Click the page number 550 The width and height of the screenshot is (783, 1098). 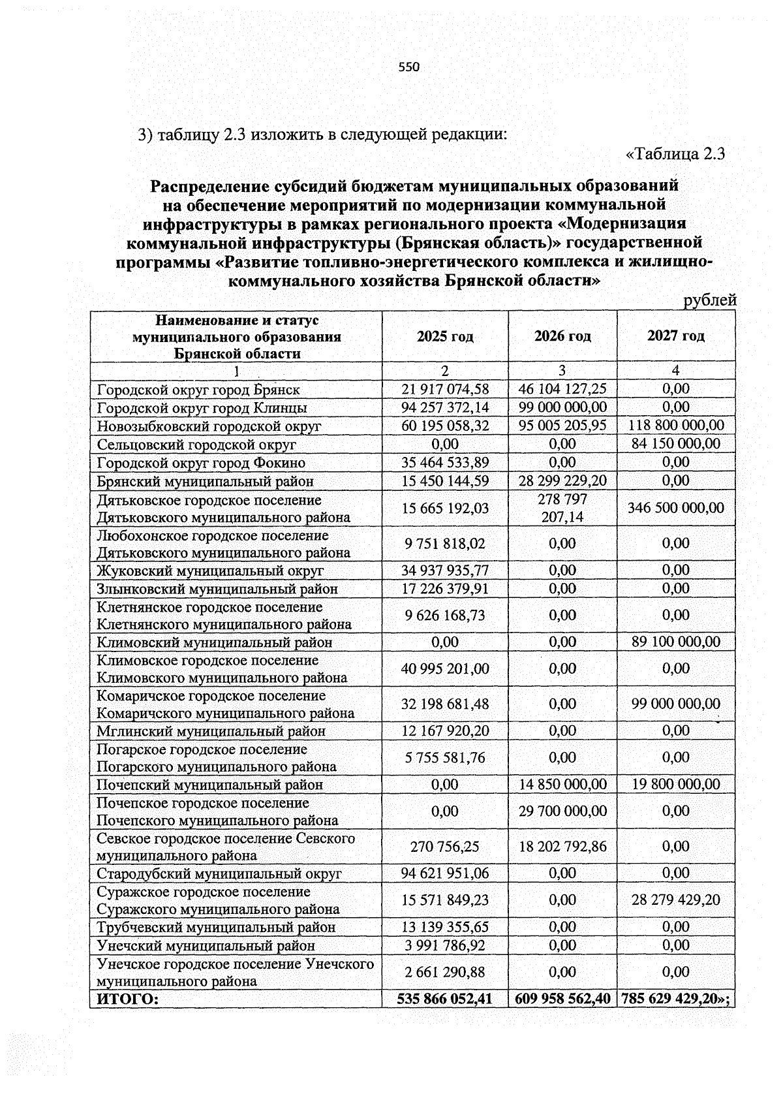[x=408, y=67]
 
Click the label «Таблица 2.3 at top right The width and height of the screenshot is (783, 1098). [x=676, y=155]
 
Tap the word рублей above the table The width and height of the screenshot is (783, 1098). [x=709, y=300]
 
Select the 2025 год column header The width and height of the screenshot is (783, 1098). [x=445, y=336]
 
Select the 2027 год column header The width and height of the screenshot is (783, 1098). [x=676, y=336]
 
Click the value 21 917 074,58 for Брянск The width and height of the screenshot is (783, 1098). [x=445, y=390]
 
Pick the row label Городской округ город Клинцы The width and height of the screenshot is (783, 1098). [x=202, y=408]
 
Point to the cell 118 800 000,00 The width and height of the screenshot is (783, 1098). [x=676, y=426]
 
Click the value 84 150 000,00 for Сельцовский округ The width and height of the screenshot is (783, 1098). [x=676, y=444]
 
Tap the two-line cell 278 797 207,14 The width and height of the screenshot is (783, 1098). [x=562, y=509]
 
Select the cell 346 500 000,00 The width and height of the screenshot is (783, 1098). [x=676, y=508]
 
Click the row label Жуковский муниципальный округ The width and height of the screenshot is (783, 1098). [x=210, y=571]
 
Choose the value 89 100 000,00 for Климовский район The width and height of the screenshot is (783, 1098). [x=676, y=642]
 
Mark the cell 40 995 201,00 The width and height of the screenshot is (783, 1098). [x=445, y=668]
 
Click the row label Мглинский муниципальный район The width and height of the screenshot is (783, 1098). [x=211, y=731]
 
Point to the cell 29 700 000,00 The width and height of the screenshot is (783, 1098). [x=562, y=811]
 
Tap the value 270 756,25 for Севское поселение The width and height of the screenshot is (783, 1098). [x=445, y=847]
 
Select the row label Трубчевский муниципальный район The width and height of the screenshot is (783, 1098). [x=216, y=927]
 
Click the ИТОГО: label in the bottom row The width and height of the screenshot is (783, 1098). [x=128, y=999]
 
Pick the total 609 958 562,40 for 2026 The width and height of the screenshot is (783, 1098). [x=562, y=999]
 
